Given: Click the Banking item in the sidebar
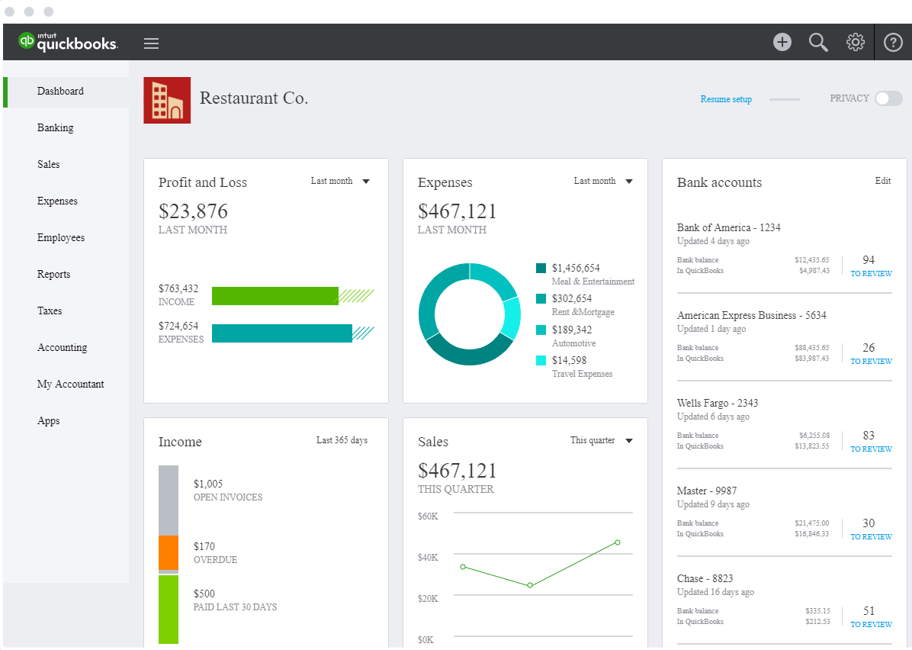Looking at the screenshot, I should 55,127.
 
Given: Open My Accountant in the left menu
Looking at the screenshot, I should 70,384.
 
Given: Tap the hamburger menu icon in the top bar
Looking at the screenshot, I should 151,43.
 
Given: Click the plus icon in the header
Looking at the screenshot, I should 782,43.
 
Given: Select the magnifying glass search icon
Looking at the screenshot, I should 818,43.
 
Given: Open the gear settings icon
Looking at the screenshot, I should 855,43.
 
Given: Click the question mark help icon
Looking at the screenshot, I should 892,43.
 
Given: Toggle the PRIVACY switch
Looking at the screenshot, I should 888,98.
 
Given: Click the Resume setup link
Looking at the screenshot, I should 725,99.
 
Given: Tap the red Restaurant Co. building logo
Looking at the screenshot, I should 167,101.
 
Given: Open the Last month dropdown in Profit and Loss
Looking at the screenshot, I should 340,182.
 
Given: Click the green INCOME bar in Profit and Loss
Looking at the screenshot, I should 275,296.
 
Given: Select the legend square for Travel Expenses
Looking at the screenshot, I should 541,361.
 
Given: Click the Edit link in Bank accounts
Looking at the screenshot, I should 882,181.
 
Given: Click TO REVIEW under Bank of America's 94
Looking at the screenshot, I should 871,273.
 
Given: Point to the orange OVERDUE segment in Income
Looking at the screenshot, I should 168,552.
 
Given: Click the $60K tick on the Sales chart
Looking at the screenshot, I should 428,516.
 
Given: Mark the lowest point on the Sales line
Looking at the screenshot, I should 530,585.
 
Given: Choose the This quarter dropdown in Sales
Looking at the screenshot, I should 602,441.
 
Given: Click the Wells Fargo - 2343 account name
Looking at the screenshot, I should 717,403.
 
